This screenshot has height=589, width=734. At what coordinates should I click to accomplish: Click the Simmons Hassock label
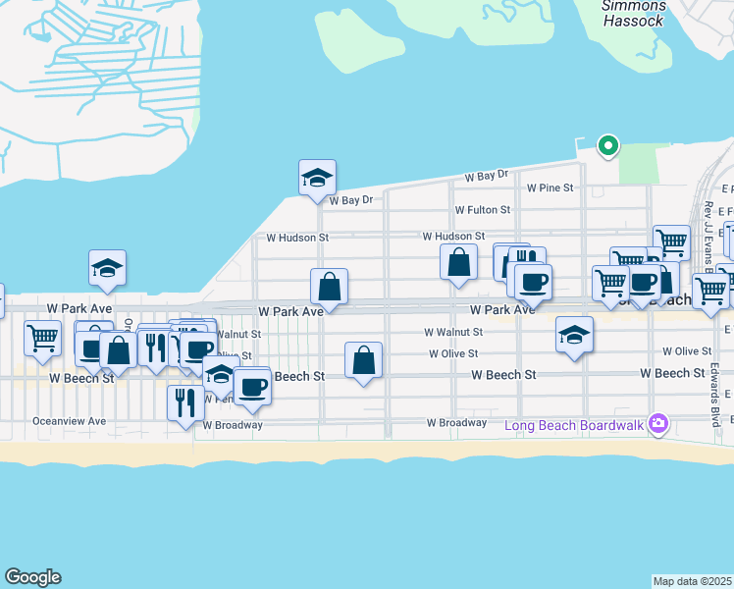635,14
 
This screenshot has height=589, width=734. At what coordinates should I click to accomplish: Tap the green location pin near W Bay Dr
608,147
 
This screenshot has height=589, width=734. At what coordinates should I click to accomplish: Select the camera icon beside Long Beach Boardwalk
658,424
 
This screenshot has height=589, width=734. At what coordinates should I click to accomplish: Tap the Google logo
32,577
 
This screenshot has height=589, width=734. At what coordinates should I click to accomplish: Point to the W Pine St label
550,187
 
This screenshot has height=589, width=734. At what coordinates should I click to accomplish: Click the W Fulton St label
483,210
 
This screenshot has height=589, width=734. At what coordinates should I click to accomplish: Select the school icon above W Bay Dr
318,179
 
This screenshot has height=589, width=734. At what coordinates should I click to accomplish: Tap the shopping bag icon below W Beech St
364,360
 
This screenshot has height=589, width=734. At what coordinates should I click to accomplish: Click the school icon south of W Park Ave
575,336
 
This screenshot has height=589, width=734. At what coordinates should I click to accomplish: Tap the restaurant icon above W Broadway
185,402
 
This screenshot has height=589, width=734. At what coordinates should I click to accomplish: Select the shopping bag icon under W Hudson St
459,262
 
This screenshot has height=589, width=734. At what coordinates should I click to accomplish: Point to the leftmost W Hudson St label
296,238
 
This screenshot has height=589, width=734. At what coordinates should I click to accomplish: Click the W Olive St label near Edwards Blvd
687,350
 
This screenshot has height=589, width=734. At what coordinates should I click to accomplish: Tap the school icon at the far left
108,268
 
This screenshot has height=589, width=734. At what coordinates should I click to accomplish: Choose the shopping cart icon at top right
671,241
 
